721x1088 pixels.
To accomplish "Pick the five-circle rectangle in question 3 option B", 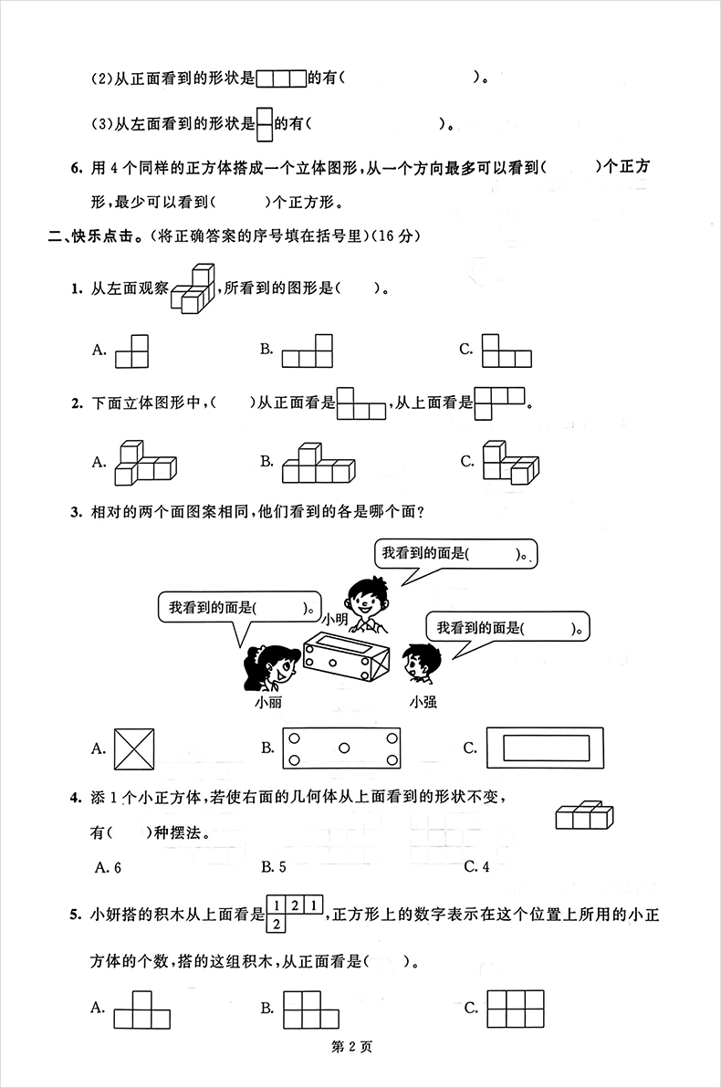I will [342, 748].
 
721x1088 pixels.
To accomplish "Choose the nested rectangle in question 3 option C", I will [545, 748].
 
